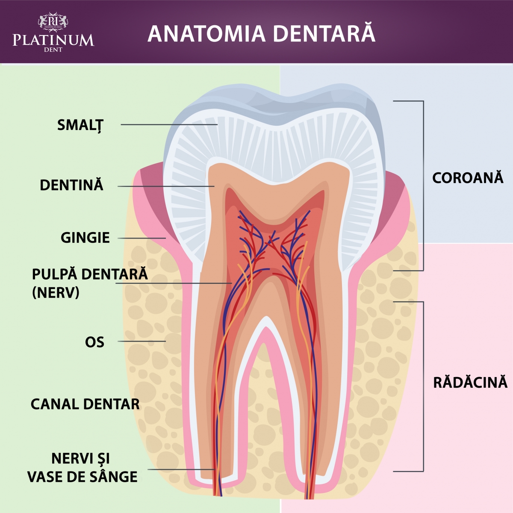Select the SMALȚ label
click(80, 125)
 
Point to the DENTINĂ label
click(71, 186)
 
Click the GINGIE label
click(85, 238)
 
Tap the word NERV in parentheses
click(56, 293)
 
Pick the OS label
click(94, 342)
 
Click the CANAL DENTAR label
click(85, 404)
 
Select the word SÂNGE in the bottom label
click(115, 477)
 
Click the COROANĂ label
click(468, 178)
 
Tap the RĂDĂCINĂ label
click(470, 382)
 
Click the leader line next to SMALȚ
click(169, 124)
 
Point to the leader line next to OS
click(142, 341)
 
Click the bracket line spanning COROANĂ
click(423, 186)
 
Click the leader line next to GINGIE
click(142, 238)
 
